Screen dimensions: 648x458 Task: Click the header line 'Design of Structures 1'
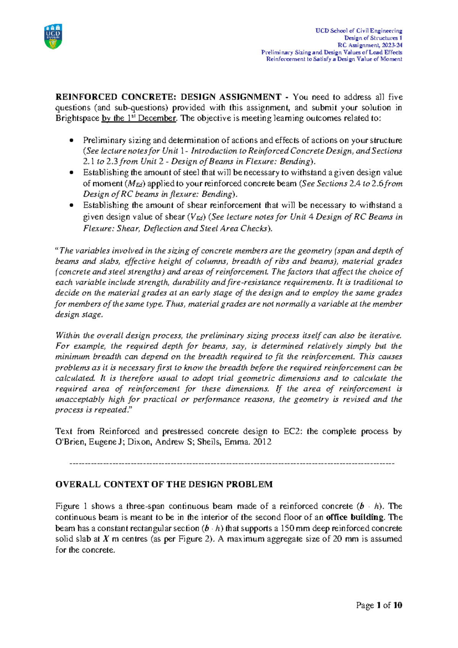373,38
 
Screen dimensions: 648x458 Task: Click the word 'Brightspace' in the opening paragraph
77,118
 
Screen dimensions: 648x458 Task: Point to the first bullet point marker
71,141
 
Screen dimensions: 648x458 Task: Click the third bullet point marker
71,206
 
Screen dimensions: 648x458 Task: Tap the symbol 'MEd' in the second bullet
135,184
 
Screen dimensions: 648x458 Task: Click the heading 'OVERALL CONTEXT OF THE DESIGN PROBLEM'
164,484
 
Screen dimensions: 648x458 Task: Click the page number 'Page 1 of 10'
379,605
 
